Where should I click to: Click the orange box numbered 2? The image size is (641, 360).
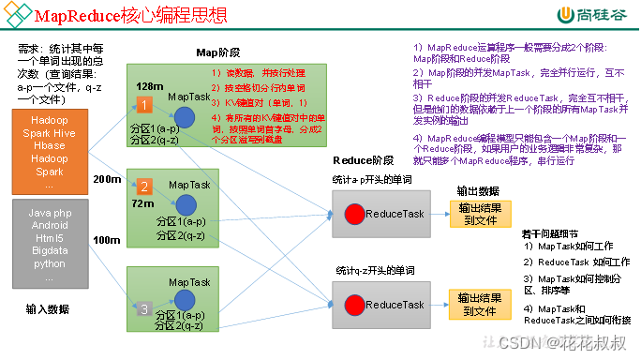(143, 186)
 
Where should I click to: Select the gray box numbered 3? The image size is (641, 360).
(143, 308)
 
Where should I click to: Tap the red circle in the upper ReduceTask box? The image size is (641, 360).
(355, 214)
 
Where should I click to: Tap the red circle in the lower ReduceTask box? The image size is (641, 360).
(355, 305)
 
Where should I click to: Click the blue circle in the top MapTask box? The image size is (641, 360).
(185, 117)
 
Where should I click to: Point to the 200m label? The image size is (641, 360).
(107, 178)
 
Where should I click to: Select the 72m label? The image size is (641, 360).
(142, 202)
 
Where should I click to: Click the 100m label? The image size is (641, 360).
(106, 241)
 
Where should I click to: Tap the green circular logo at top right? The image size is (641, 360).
(565, 16)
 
